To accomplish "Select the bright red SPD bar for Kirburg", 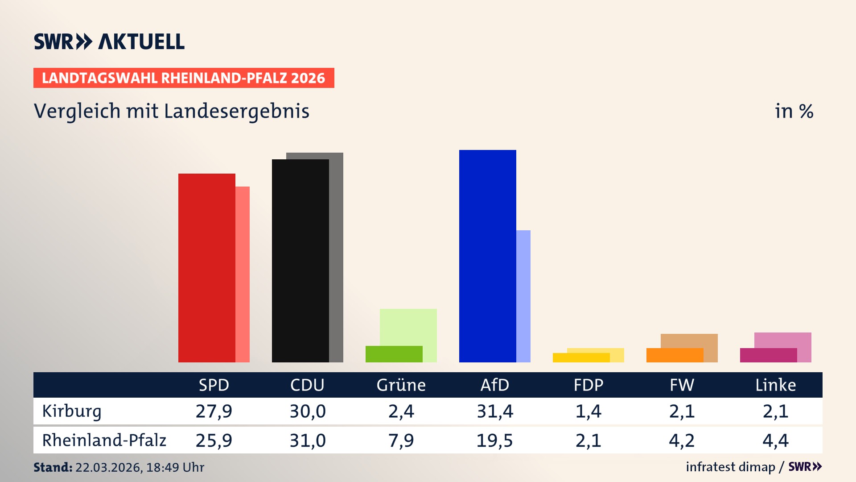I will coord(206,268).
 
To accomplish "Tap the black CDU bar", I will coord(300,261).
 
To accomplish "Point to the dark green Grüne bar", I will coord(394,354).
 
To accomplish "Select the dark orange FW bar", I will coord(675,355).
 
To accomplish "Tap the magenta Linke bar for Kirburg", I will coord(768,355).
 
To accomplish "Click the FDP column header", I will coord(588,385).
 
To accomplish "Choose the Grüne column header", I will coord(401,385).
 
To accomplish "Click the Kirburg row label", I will coord(72,411).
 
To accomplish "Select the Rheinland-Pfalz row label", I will coord(104,440).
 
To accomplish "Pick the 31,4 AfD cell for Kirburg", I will coord(494,411).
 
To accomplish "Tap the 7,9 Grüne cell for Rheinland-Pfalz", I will coord(401,440).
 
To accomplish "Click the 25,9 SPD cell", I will coord(214,440).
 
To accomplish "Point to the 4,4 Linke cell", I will coord(775,440).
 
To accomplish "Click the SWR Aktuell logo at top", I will coord(109,42).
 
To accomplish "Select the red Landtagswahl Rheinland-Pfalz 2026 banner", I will coord(184,78).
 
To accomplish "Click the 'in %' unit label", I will coord(794,111).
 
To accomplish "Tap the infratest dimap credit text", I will coord(730,467).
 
